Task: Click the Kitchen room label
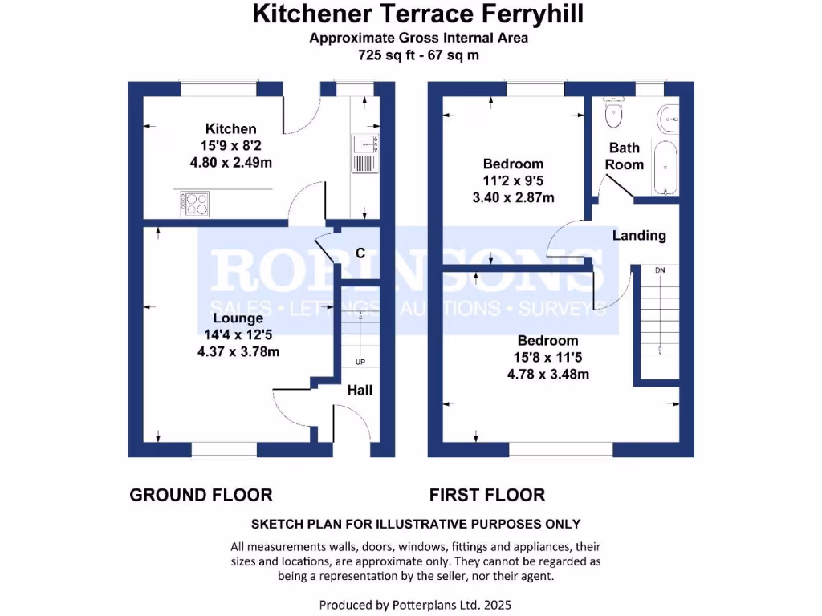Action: pyautogui.click(x=231, y=128)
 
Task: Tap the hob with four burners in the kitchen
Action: pyautogui.click(x=194, y=204)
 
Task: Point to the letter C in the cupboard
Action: pyautogui.click(x=360, y=253)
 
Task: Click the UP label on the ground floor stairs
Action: pyautogui.click(x=360, y=363)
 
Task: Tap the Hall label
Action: pyautogui.click(x=360, y=391)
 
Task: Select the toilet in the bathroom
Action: pyautogui.click(x=614, y=114)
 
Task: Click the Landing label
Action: pyautogui.click(x=639, y=236)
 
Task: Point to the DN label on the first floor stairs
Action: pyautogui.click(x=660, y=270)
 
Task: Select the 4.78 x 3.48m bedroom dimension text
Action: pyautogui.click(x=547, y=375)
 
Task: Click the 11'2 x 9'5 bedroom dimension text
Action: pyautogui.click(x=513, y=181)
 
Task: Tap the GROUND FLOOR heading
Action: pyautogui.click(x=201, y=495)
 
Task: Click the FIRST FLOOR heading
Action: pyautogui.click(x=487, y=495)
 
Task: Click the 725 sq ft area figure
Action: pyautogui.click(x=384, y=55)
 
